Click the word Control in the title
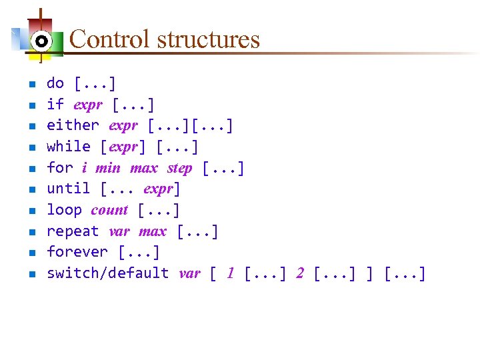click(110, 39)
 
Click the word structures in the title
click(208, 39)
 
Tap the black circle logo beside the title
click(41, 41)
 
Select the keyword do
click(55, 84)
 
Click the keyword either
click(73, 125)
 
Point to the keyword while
click(69, 147)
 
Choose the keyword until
click(69, 189)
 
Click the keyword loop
click(64, 210)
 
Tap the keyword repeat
click(73, 231)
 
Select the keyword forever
click(77, 252)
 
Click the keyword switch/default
click(108, 273)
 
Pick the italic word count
click(109, 211)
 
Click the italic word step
click(179, 168)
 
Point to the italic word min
click(108, 168)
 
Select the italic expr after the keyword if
click(87, 105)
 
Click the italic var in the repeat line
click(119, 232)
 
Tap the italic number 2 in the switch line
click(300, 273)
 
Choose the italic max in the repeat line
click(153, 232)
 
